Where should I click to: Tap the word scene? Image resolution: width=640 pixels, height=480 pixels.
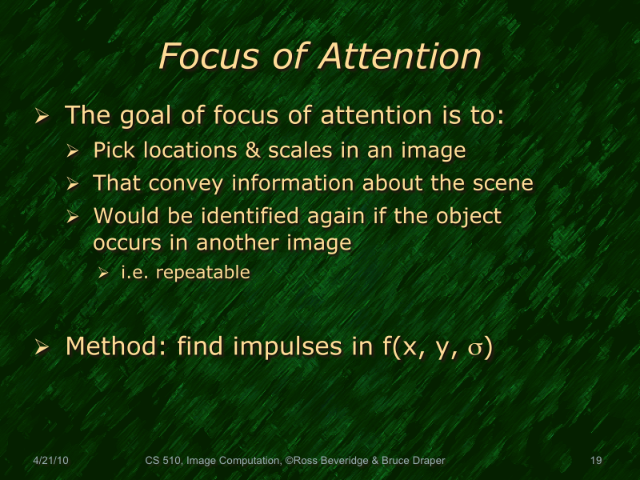tap(503, 183)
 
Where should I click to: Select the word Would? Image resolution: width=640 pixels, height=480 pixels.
tap(121, 216)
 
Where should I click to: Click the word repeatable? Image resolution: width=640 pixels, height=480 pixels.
tap(203, 272)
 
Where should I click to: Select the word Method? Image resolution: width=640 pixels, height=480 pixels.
tap(115, 347)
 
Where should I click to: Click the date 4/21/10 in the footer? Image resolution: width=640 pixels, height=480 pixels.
tap(50, 461)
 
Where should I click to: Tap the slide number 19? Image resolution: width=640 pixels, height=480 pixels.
tap(595, 461)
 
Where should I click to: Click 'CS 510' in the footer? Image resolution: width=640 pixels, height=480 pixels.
tap(163, 461)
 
